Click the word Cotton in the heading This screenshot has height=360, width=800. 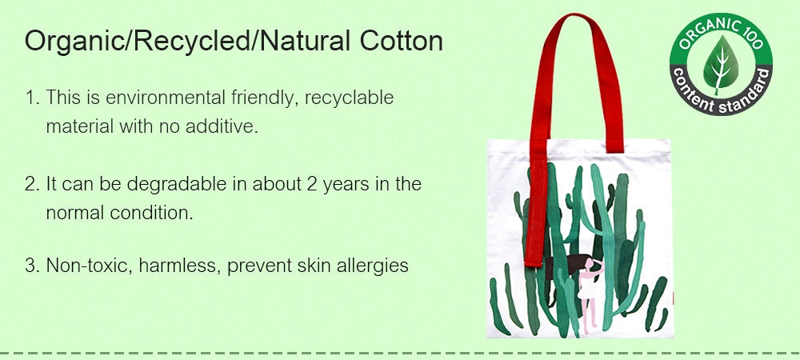click(401, 41)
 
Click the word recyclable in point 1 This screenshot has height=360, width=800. click(350, 98)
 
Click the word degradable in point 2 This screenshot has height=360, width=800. click(176, 185)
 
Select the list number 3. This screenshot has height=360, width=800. click(32, 266)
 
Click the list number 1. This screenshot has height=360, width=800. click(32, 98)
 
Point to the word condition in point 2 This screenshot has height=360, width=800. click(151, 213)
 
